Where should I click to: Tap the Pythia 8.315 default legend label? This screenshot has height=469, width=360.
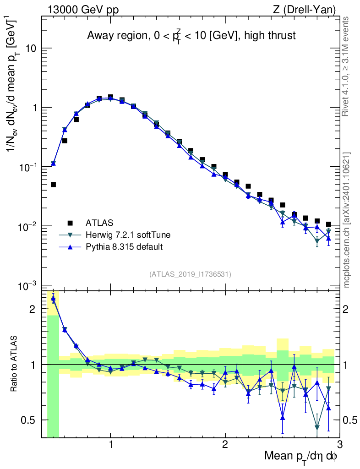[x=124, y=247]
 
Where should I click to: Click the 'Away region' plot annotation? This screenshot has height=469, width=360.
[x=191, y=35]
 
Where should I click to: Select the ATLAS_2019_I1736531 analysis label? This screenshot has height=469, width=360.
[x=190, y=274]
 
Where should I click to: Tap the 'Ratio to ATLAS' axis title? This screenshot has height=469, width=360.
[x=15, y=365]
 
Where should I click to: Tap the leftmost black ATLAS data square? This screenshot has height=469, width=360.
[x=53, y=185]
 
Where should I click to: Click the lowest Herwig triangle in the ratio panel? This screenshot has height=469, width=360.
[x=317, y=427]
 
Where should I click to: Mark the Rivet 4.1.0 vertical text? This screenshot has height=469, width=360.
[x=347, y=66]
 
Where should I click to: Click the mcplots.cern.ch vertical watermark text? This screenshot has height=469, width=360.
[x=347, y=220]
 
